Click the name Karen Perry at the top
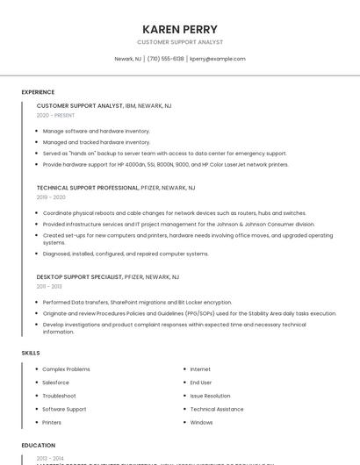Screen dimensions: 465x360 [179, 29]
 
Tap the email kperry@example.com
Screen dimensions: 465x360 [218, 59]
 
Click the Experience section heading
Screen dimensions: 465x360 [38, 92]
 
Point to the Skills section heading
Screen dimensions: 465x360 [31, 353]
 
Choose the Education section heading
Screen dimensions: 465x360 [39, 446]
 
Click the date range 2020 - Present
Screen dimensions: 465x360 [55, 115]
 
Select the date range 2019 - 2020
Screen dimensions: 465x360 [51, 197]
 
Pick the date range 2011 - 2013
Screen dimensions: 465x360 [48, 286]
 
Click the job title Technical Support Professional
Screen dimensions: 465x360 [88, 188]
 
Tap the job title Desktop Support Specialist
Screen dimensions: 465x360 [79, 276]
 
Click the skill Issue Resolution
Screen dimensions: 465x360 [210, 396]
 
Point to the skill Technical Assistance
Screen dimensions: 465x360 [217, 409]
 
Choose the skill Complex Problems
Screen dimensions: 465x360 [66, 369]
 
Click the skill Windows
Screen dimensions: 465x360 [201, 422]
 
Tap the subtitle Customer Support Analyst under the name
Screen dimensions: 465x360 [179, 42]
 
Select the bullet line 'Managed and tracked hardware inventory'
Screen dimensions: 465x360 [97, 142]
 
